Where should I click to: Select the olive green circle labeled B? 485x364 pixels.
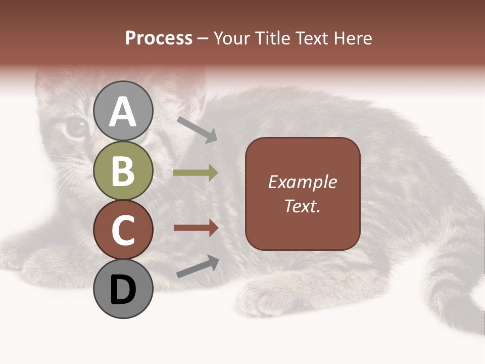pyautogui.click(x=123, y=170)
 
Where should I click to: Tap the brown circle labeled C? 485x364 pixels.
pyautogui.click(x=123, y=230)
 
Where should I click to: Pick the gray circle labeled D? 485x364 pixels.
pyautogui.click(x=123, y=289)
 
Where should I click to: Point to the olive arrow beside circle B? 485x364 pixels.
pyautogui.click(x=196, y=173)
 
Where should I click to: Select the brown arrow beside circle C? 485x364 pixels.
pyautogui.click(x=196, y=228)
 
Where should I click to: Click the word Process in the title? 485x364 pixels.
pyautogui.click(x=159, y=38)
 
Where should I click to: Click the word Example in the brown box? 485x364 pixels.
pyautogui.click(x=302, y=182)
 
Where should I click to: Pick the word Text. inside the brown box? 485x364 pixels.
pyautogui.click(x=302, y=206)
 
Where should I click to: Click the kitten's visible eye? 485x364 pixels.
pyautogui.click(x=76, y=127)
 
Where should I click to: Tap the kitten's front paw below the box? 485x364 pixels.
pyautogui.click(x=273, y=296)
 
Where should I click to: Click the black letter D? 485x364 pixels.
pyautogui.click(x=123, y=290)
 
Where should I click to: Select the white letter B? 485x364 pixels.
pyautogui.click(x=123, y=171)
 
